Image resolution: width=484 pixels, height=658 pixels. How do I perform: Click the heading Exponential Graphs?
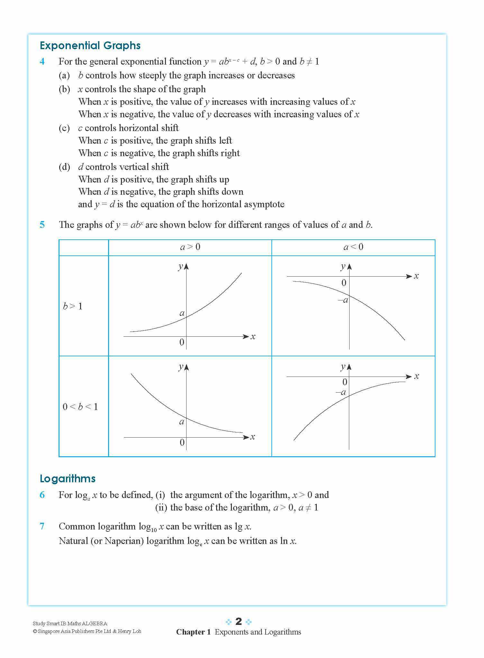coord(90,46)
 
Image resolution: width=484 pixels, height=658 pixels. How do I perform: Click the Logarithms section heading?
coord(68,478)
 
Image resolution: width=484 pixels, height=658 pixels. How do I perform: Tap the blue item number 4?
coord(42,61)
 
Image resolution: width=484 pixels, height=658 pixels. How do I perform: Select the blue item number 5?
coord(42,225)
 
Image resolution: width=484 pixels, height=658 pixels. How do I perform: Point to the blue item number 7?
coord(42,526)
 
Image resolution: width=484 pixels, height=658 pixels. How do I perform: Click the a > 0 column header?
coord(190,247)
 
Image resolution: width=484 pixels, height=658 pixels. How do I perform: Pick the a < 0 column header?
coord(353,247)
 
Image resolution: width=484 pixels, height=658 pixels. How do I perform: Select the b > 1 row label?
coord(73,306)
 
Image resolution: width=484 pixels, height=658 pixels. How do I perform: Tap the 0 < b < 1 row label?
coord(80,407)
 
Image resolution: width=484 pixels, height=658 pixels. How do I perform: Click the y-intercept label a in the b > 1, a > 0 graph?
coord(182,313)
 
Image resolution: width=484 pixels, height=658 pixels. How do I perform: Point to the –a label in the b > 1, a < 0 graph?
coord(343,300)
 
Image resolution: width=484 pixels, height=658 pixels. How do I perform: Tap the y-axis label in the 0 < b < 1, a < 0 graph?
coord(343,367)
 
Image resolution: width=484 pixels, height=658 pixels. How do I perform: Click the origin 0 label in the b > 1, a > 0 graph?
coord(182,342)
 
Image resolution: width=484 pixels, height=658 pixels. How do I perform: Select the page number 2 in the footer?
coord(238,621)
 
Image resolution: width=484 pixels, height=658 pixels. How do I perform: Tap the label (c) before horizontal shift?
coord(64,128)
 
